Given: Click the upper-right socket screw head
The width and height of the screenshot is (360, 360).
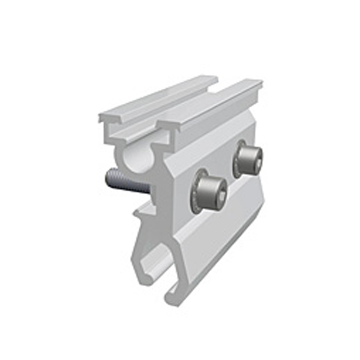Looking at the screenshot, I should tap(247, 158).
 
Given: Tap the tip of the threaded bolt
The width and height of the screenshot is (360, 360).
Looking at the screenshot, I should tap(107, 176).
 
